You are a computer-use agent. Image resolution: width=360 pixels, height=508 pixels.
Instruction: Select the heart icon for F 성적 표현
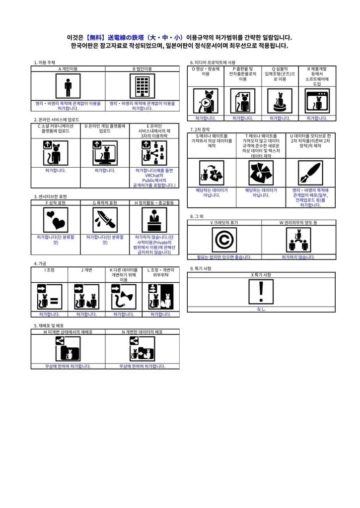56,219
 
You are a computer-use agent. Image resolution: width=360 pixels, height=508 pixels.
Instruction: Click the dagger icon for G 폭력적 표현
105,219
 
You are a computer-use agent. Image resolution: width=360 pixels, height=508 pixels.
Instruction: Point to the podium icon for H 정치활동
154,219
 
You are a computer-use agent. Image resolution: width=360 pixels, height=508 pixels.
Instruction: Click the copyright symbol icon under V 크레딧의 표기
224,240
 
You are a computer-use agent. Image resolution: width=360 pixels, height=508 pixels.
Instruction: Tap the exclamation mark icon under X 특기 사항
261,292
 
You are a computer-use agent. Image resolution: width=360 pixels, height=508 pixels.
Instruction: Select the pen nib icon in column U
310,173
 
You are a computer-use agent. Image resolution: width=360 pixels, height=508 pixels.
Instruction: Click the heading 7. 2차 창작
201,129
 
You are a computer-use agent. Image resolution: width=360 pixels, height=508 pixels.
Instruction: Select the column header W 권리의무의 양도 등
298,223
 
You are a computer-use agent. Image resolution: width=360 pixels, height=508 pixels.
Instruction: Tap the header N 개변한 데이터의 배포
142,331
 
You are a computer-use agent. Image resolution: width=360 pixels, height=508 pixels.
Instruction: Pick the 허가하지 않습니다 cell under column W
298,257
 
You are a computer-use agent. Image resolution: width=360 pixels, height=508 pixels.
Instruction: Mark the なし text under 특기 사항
261,309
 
